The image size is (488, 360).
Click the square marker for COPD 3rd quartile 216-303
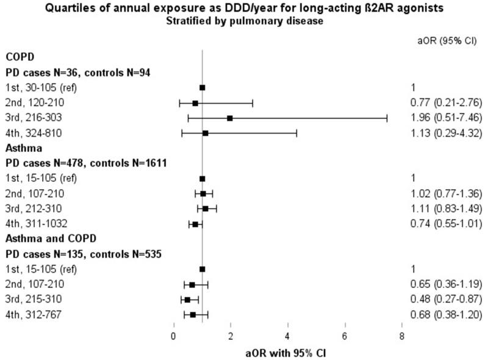[x=230, y=118]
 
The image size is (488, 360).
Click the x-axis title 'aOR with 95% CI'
[x=287, y=351]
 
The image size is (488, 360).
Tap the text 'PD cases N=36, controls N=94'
[x=78, y=72]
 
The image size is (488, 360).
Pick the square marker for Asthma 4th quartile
[x=195, y=224]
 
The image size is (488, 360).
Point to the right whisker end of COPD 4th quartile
[x=296, y=133]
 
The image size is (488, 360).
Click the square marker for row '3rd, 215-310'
[x=187, y=300]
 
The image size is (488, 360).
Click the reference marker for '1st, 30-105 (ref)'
[x=203, y=87]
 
